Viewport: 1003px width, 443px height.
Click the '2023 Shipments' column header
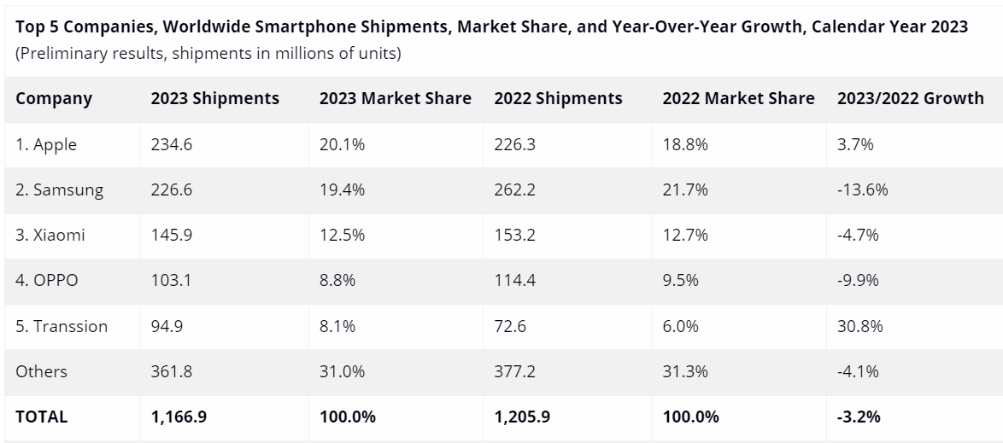tap(214, 98)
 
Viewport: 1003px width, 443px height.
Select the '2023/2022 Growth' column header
tap(910, 98)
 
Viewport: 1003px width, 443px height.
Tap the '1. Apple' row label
tap(46, 144)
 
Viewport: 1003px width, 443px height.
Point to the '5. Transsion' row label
tap(62, 326)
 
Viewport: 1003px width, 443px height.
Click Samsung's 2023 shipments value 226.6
tap(172, 189)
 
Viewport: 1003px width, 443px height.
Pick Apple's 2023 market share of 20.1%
tap(342, 144)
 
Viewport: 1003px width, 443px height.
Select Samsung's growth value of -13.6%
tap(863, 189)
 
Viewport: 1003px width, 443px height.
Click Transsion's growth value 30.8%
tap(860, 326)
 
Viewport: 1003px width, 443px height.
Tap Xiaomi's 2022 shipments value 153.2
tap(514, 236)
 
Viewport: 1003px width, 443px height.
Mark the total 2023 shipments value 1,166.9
tap(180, 417)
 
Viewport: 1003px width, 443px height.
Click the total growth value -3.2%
tap(859, 417)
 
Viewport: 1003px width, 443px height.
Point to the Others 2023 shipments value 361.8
tap(172, 371)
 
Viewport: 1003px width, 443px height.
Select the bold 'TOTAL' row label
tap(41, 417)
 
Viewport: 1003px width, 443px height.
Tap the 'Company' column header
tap(53, 98)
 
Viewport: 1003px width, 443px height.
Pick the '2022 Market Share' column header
tap(738, 98)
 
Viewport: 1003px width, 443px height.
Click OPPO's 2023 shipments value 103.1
tap(171, 281)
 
